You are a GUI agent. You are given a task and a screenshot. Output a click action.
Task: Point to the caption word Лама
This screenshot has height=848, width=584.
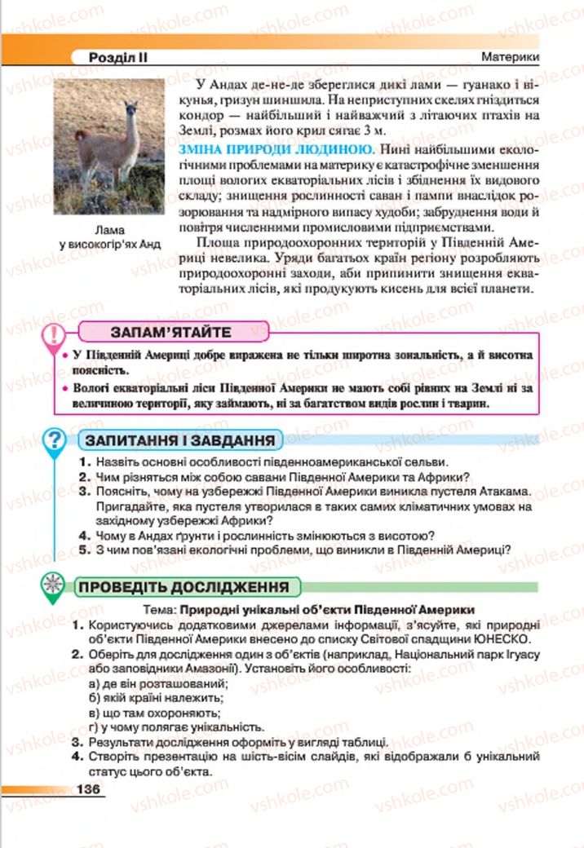(109, 230)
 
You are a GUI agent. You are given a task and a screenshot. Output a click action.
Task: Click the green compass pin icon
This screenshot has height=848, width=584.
(53, 585)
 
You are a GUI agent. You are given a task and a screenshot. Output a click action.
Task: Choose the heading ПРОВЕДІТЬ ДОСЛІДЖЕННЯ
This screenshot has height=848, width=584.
(183, 586)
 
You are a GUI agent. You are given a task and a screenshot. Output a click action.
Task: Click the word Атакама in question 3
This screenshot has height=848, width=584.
(504, 492)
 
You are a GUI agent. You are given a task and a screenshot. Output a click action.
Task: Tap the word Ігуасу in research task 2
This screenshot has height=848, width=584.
(520, 655)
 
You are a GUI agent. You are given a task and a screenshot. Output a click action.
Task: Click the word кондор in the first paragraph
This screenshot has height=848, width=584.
(198, 117)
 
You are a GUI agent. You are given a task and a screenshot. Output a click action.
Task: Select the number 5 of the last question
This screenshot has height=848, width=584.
(83, 549)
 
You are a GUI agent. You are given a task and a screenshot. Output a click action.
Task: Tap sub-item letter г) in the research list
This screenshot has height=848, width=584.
(94, 727)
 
